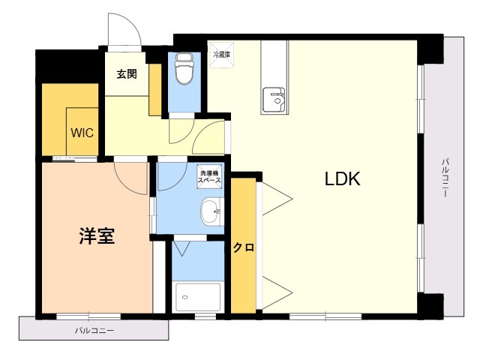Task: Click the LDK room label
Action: tap(342, 178)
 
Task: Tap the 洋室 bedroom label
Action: tap(97, 235)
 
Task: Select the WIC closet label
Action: tap(82, 133)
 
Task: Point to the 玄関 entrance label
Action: tap(127, 74)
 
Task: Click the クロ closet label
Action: tap(244, 247)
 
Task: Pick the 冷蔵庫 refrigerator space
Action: tap(221, 55)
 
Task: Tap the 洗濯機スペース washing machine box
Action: tap(209, 177)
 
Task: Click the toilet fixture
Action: tap(184, 68)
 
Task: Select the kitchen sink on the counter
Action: tap(274, 100)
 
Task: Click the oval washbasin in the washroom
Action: tap(210, 211)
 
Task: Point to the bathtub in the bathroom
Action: tap(198, 297)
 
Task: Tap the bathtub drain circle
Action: tap(184, 297)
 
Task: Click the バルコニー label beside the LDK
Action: tap(445, 177)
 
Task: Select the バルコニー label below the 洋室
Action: tap(95, 331)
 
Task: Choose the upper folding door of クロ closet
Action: tap(277, 199)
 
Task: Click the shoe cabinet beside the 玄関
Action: tap(155, 90)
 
